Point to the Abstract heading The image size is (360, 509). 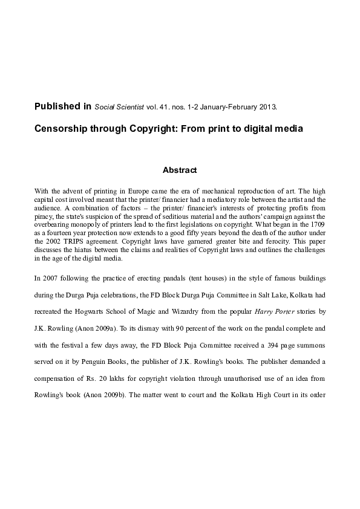tap(180, 170)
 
